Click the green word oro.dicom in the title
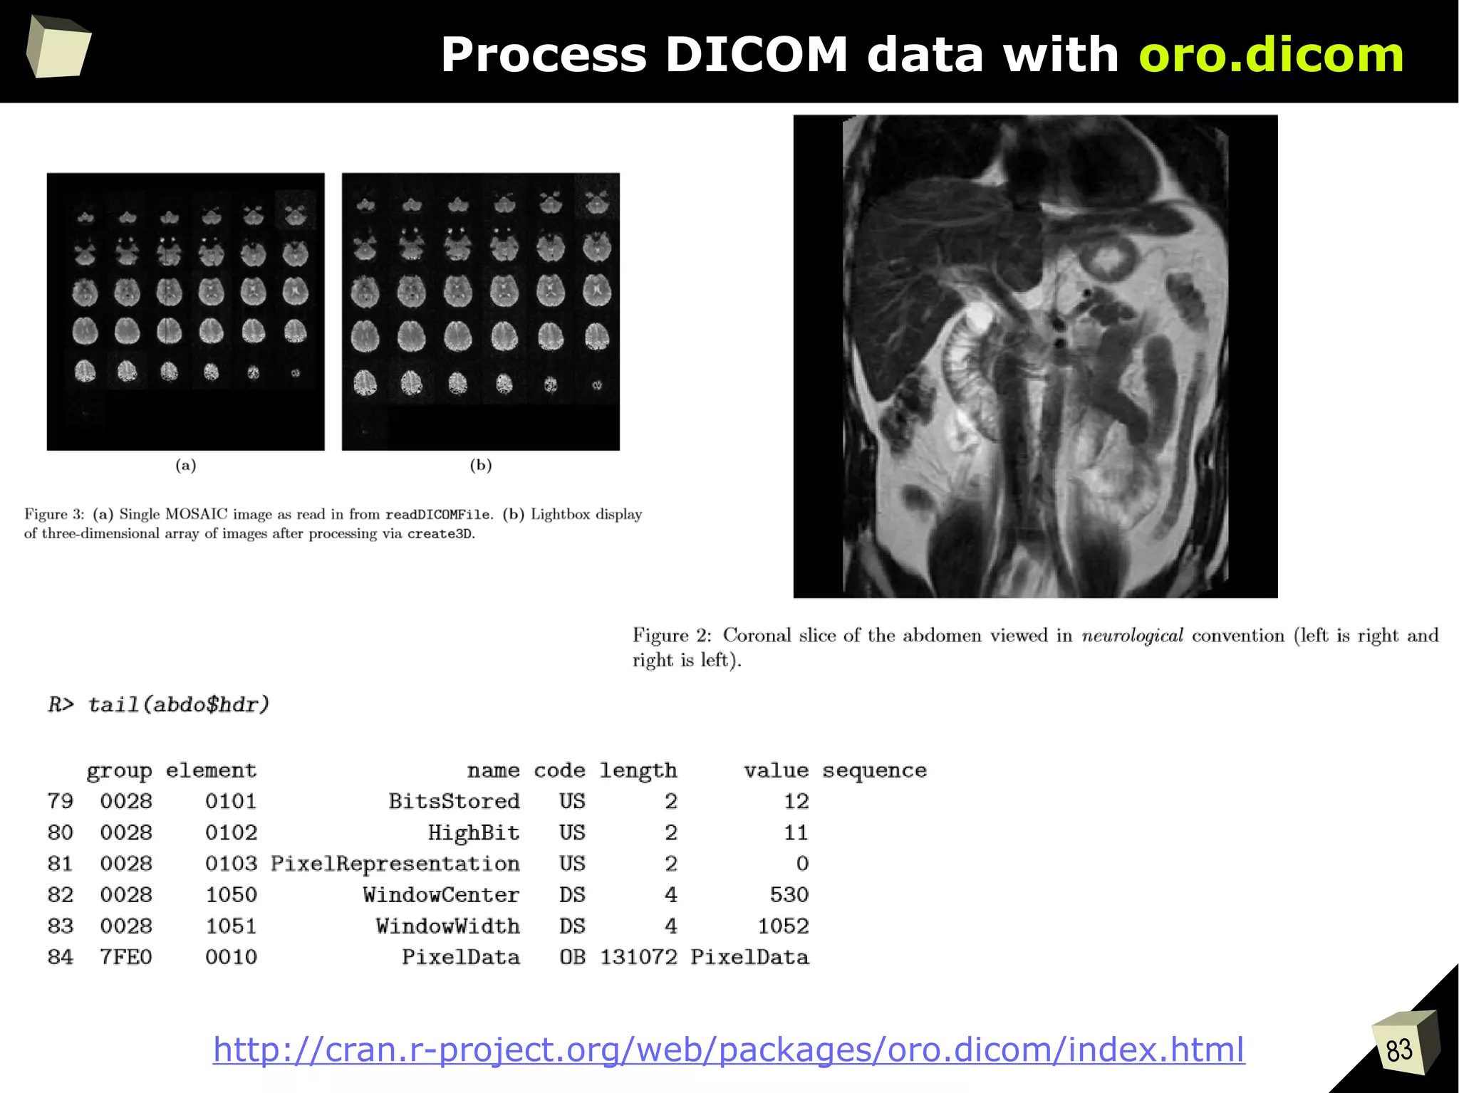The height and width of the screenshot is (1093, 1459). [1271, 55]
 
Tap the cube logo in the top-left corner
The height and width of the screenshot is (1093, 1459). [58, 47]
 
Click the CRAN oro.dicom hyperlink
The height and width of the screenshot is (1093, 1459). [728, 1050]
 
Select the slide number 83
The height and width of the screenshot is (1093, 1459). [1399, 1050]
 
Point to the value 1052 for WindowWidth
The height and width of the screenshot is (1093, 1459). [783, 926]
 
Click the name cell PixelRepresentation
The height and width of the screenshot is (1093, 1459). [395, 864]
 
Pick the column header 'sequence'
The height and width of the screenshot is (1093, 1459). [874, 770]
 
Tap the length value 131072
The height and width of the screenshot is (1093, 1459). [638, 958]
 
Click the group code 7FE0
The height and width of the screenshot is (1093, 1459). [126, 958]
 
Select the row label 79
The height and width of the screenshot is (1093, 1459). [61, 802]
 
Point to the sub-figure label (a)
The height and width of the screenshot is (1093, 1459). [186, 466]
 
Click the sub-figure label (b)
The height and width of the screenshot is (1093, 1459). [481, 466]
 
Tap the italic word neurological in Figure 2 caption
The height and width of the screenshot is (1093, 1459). [1132, 636]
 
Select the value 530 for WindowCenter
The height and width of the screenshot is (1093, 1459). [789, 895]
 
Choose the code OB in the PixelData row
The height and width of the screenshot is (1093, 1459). [572, 958]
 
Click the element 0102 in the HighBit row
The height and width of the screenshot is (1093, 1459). [231, 833]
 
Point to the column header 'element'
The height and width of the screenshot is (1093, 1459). [211, 770]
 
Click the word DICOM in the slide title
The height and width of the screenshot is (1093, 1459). [756, 55]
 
